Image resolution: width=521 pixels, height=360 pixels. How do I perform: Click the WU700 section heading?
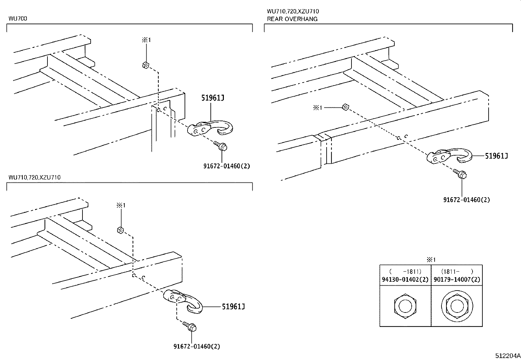[x=18, y=19]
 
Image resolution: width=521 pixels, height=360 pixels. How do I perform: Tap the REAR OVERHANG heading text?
[x=292, y=19]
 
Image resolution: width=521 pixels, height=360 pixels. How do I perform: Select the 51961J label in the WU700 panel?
[x=212, y=98]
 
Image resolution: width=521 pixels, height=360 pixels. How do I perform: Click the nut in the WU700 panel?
[x=146, y=65]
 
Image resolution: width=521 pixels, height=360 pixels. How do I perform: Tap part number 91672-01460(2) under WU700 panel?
[x=226, y=166]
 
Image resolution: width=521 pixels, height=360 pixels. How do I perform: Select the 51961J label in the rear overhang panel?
[x=496, y=156]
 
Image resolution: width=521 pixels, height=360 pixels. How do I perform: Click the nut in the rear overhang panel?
[x=345, y=107]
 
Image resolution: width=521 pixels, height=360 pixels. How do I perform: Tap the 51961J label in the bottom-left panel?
[x=233, y=307]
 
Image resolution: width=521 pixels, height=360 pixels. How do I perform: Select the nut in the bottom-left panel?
[x=120, y=230]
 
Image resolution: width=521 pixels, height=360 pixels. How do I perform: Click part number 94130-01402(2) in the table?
[x=405, y=280]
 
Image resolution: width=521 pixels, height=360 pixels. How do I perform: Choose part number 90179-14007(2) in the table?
[x=457, y=280]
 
